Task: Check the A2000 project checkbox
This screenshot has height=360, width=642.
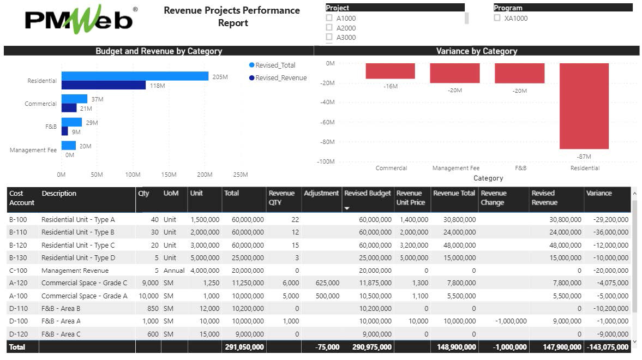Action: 329,28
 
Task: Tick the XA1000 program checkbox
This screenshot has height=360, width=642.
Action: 497,18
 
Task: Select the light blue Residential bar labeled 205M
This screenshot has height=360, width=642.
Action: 135,76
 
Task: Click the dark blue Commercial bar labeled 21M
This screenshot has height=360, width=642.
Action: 69,108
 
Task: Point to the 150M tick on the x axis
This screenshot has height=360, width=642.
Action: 169,175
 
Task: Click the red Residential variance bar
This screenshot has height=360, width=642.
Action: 584,106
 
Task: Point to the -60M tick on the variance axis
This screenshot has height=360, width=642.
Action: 327,122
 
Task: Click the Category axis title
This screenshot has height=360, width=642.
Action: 488,178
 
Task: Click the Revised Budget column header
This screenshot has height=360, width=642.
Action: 367,194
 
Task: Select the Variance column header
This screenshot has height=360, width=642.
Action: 599,194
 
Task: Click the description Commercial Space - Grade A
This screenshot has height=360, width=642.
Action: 84,296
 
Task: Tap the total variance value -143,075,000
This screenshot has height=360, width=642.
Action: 607,347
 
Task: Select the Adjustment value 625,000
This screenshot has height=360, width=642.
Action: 327,283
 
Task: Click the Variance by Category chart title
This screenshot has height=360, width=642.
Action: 476,51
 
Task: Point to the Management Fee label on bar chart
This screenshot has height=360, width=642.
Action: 33,150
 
